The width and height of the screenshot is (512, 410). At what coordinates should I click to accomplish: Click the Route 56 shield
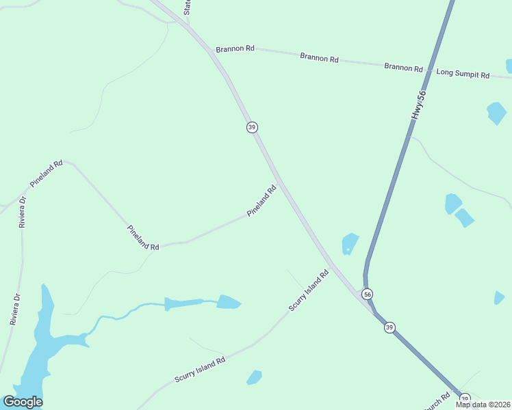click(x=368, y=294)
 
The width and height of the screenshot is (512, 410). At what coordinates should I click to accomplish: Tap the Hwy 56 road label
click(x=418, y=105)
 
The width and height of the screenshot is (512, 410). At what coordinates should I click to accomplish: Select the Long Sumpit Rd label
click(x=463, y=74)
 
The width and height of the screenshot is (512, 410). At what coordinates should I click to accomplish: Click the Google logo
click(x=23, y=401)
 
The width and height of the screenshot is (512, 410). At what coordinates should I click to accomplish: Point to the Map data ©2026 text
click(x=483, y=405)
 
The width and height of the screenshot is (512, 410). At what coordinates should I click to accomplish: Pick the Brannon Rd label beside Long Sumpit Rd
click(x=403, y=67)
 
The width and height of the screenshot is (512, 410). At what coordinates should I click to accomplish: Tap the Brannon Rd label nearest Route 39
click(x=235, y=49)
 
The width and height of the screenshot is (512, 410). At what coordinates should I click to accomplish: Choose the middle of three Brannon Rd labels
click(x=319, y=58)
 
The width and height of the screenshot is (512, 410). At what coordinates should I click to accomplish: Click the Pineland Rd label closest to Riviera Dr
click(x=46, y=174)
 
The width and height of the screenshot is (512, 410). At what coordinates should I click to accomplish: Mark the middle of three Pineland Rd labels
click(x=143, y=237)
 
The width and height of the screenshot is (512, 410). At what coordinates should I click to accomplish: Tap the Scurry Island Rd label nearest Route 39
click(x=309, y=290)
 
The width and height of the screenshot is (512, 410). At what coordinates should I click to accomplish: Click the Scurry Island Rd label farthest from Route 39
click(x=199, y=370)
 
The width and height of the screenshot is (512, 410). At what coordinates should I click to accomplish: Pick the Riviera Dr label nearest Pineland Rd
click(x=22, y=212)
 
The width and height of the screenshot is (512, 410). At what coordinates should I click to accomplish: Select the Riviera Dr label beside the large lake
click(x=14, y=308)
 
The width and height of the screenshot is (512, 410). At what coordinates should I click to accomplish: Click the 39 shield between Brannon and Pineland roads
click(x=252, y=127)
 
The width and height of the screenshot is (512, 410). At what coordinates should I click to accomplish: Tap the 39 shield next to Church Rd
click(x=465, y=398)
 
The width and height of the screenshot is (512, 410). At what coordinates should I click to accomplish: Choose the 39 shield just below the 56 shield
click(x=389, y=327)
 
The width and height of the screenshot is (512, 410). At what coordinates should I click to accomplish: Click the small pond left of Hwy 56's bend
click(x=350, y=243)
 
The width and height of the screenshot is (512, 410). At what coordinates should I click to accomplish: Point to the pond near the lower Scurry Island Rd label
click(x=254, y=377)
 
